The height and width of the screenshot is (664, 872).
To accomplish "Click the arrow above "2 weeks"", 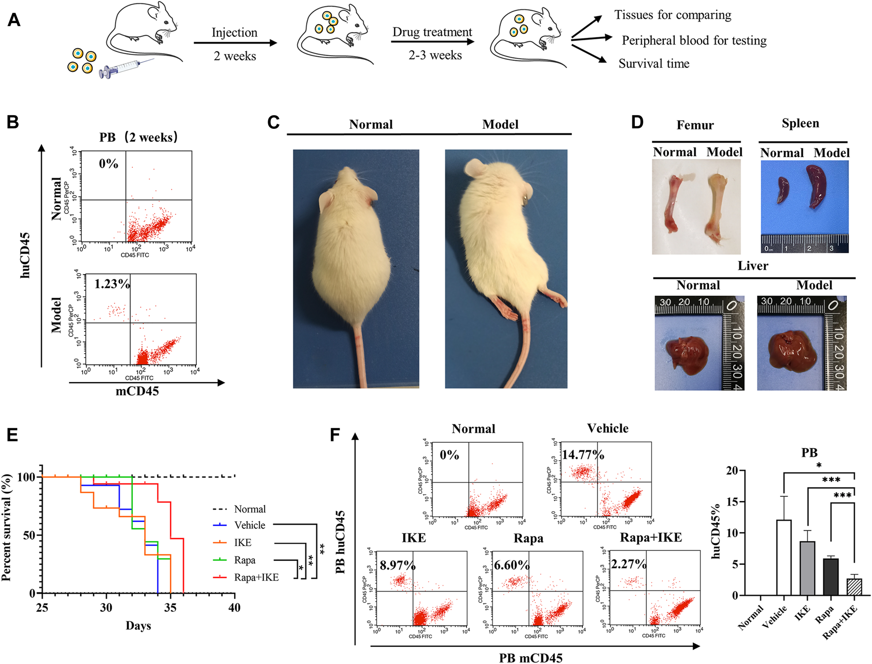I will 235,43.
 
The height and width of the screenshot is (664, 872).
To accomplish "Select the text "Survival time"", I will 654,64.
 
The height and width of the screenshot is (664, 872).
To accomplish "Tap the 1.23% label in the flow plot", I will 112,284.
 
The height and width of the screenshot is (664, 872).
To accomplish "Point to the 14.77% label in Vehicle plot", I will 583,454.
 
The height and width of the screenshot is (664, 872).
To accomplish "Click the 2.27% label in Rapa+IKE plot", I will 628,564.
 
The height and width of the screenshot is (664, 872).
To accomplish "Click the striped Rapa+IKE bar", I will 854,587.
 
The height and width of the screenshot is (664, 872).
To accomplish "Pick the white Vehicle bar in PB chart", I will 783,557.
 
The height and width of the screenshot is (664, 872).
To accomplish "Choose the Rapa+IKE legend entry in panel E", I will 256,577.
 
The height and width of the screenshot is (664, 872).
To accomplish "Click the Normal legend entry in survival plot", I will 249,509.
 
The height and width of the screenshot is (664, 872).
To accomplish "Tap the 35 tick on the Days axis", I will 170,607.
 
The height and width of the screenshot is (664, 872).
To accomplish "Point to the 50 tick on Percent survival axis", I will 30,535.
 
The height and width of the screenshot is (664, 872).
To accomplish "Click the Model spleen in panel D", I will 816,186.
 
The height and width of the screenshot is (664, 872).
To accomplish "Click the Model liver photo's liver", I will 792,352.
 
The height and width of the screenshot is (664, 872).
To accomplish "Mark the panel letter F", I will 335,435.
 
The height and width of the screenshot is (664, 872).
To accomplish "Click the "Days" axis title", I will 138,626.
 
